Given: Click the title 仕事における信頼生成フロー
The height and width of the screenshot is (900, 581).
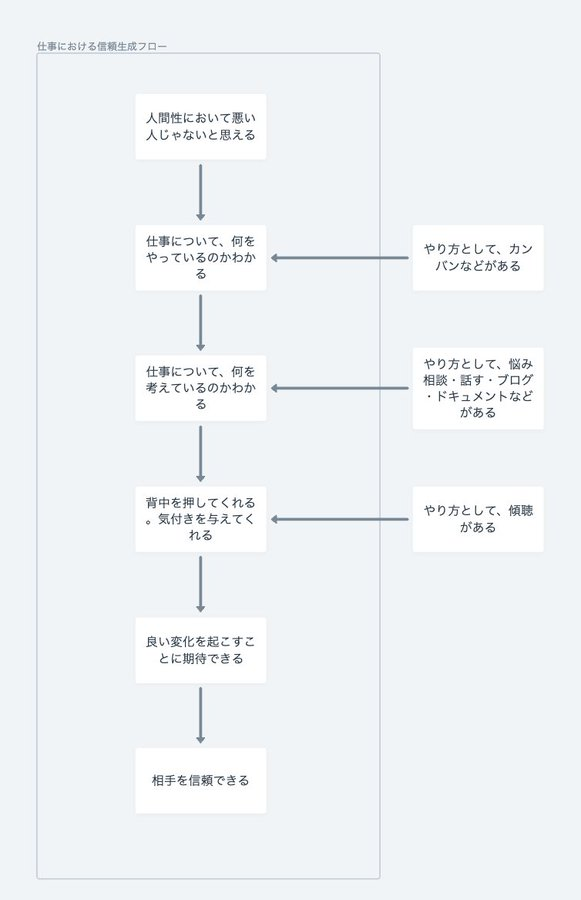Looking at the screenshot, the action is (102, 46).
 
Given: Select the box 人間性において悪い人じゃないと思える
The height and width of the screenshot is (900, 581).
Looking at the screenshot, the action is (200, 127).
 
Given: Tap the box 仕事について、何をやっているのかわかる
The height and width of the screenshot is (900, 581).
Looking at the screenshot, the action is (200, 258).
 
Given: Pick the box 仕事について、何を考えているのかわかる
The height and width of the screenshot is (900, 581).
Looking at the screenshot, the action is (200, 388).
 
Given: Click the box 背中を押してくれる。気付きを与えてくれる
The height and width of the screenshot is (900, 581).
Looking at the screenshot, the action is (200, 519).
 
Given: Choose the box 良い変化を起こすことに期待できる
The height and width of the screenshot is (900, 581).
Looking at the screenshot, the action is (200, 650).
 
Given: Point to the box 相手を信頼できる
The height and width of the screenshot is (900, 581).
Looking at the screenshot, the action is (200, 781).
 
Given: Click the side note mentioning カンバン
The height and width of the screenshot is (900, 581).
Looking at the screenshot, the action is (478, 258).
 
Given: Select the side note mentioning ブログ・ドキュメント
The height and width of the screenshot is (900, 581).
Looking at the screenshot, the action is (478, 388).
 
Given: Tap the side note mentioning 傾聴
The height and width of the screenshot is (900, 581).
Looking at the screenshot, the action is (478, 519).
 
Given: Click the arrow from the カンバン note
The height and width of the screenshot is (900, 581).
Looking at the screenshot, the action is (339, 258).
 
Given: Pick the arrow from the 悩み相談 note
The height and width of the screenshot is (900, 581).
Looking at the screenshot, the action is (339, 388).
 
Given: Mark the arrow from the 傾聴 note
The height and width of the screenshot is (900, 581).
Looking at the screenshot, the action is (339, 519).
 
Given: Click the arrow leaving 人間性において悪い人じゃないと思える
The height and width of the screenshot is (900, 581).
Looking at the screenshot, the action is (200, 192).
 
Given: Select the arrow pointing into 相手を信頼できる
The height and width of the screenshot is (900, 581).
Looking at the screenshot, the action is (200, 715).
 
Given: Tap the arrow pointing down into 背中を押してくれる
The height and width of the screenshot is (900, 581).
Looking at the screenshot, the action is (200, 453).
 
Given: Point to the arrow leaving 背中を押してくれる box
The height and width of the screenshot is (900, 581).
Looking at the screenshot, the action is (200, 584).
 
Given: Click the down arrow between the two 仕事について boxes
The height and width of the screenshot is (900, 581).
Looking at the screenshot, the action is (200, 323).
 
